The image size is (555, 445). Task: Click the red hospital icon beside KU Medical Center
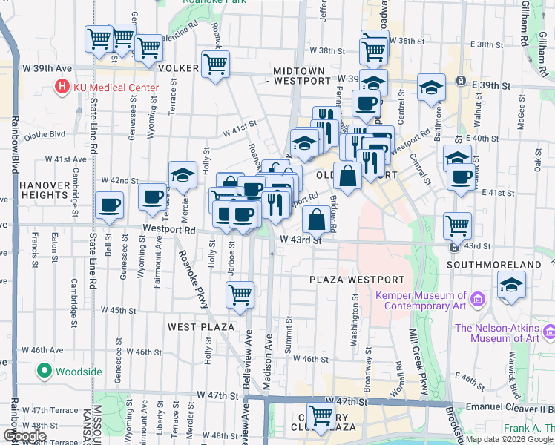[62, 88]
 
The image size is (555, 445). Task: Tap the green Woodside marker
[44, 370]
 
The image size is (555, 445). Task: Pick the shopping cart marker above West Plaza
[240, 294]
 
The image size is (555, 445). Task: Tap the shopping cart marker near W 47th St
[321, 416]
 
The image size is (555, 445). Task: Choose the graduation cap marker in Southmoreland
[511, 285]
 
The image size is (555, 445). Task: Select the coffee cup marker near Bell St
[110, 205]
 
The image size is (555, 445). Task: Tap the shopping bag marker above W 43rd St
[316, 220]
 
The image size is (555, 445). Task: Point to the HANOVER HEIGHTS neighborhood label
[44, 190]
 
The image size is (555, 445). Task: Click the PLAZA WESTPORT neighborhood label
[358, 280]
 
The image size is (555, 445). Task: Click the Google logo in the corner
[25, 436]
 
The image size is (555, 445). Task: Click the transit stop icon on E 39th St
[461, 80]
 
